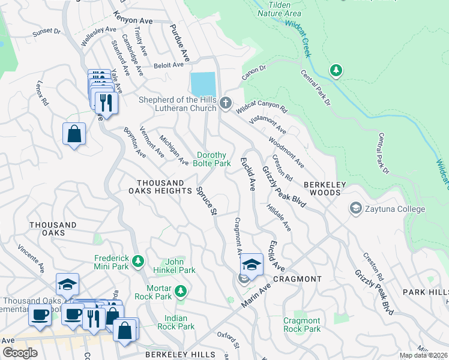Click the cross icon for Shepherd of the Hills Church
226,103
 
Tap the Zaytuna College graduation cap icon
355,209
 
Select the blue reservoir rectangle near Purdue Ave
202,82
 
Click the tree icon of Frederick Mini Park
138,261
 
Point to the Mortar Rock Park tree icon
181,292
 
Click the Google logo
20,353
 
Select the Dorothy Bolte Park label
212,159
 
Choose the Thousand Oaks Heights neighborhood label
160,187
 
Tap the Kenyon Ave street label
133,20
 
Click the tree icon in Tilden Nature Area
336,71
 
